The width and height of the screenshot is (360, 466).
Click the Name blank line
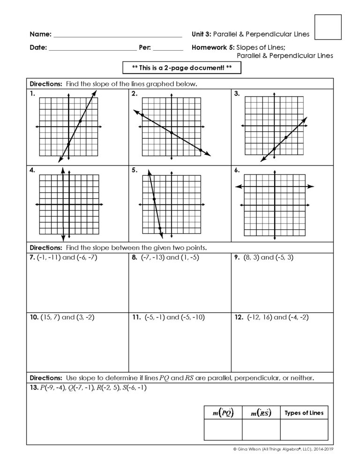tap(118, 35)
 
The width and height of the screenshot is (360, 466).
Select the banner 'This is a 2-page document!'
tap(181, 68)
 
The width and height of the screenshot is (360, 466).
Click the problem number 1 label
tap(32, 94)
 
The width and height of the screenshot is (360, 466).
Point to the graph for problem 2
tap(172, 127)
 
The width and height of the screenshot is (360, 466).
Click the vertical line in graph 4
tap(63, 205)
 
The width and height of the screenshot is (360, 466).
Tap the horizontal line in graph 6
tap(274, 187)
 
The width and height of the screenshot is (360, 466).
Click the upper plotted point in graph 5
tap(154, 200)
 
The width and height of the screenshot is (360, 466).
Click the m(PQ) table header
tap(223, 413)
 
